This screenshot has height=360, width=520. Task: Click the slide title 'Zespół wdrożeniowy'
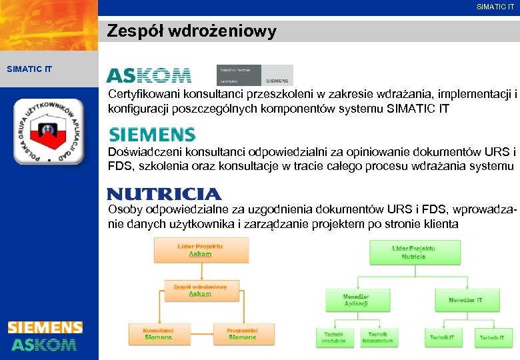tap(192, 31)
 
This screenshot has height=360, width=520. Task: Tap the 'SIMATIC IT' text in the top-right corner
tap(495, 7)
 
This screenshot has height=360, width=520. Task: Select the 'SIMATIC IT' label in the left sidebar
tap(29, 69)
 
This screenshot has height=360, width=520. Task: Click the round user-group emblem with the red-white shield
tap(49, 131)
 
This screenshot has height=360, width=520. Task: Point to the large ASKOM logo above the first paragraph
tap(149, 75)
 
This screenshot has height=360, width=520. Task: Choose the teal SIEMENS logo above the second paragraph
tap(152, 135)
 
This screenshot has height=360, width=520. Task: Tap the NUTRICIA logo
tap(164, 194)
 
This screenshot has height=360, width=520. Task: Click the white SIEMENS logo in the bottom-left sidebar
tap(45, 327)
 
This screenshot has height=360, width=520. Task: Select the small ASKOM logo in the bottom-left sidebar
tap(44, 345)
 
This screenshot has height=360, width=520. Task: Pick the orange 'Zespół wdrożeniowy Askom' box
tap(200, 291)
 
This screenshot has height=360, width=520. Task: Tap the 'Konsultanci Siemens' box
tap(158, 334)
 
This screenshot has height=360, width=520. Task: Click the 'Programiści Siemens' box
tap(242, 334)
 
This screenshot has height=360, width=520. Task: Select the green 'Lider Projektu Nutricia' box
tap(413, 252)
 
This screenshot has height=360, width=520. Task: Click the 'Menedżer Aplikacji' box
tap(356, 300)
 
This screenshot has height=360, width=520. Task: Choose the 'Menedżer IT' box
tap(465, 300)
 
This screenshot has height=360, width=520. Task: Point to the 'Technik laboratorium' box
tap(377, 337)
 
